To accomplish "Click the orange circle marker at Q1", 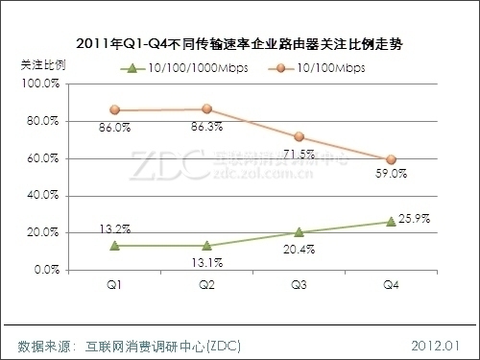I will (x=114, y=110).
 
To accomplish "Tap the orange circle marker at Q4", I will (x=391, y=159).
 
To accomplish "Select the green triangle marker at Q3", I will (x=299, y=231).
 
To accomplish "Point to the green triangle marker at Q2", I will (x=206, y=246).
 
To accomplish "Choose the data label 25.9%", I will (x=419, y=220).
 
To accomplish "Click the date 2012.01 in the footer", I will (x=437, y=343).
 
